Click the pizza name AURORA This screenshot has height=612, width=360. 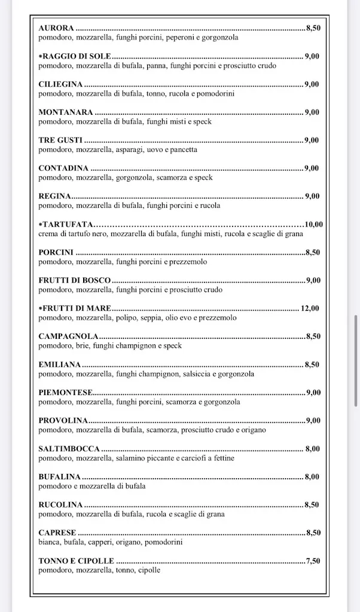coord(56,28)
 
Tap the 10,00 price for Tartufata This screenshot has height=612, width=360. coord(313,225)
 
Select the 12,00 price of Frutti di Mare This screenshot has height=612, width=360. coord(310,309)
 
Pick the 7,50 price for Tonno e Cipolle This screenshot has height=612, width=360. coord(313,561)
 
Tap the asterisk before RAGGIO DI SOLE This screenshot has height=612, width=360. coord(41,56)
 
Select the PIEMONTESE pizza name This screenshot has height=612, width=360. coord(65,393)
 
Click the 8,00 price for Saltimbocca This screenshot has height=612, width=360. coord(312,449)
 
